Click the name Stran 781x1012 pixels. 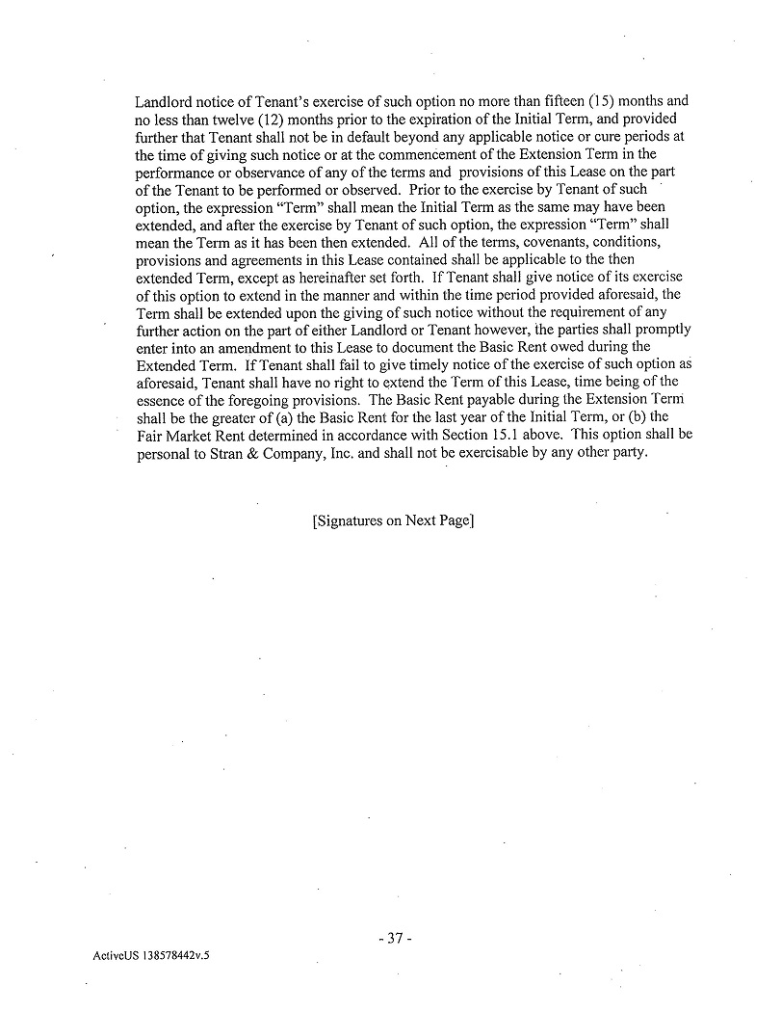pos(223,452)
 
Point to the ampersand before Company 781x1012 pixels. pos(253,452)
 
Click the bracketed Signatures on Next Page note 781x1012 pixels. pos(392,521)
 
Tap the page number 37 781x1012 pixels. pos(394,937)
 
